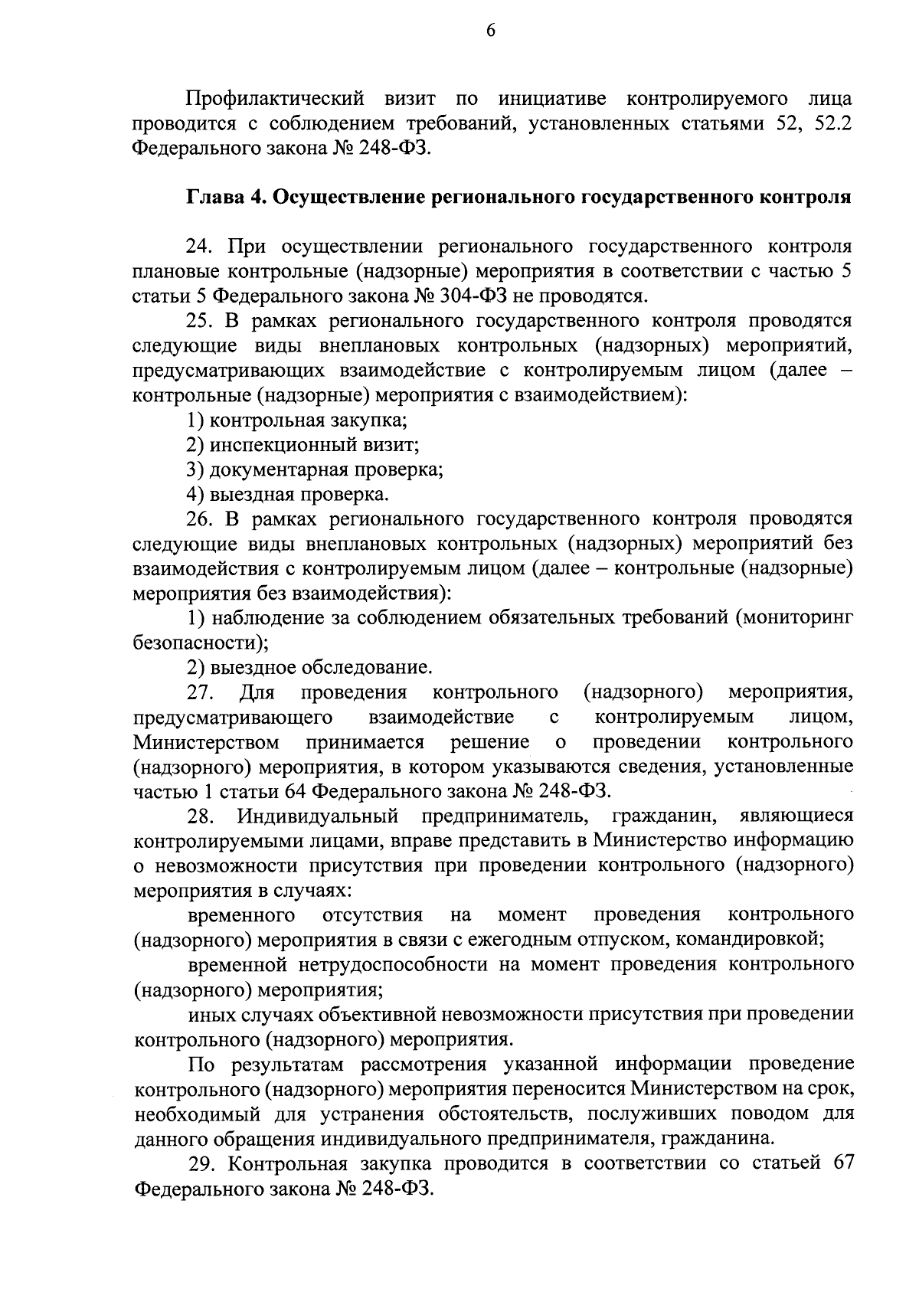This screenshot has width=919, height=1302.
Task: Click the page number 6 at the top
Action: (x=490, y=30)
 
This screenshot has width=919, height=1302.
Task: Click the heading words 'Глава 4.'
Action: (x=224, y=197)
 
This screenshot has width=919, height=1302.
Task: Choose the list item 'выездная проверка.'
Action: (x=299, y=494)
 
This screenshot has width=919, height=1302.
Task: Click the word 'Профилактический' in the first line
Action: (x=272, y=98)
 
